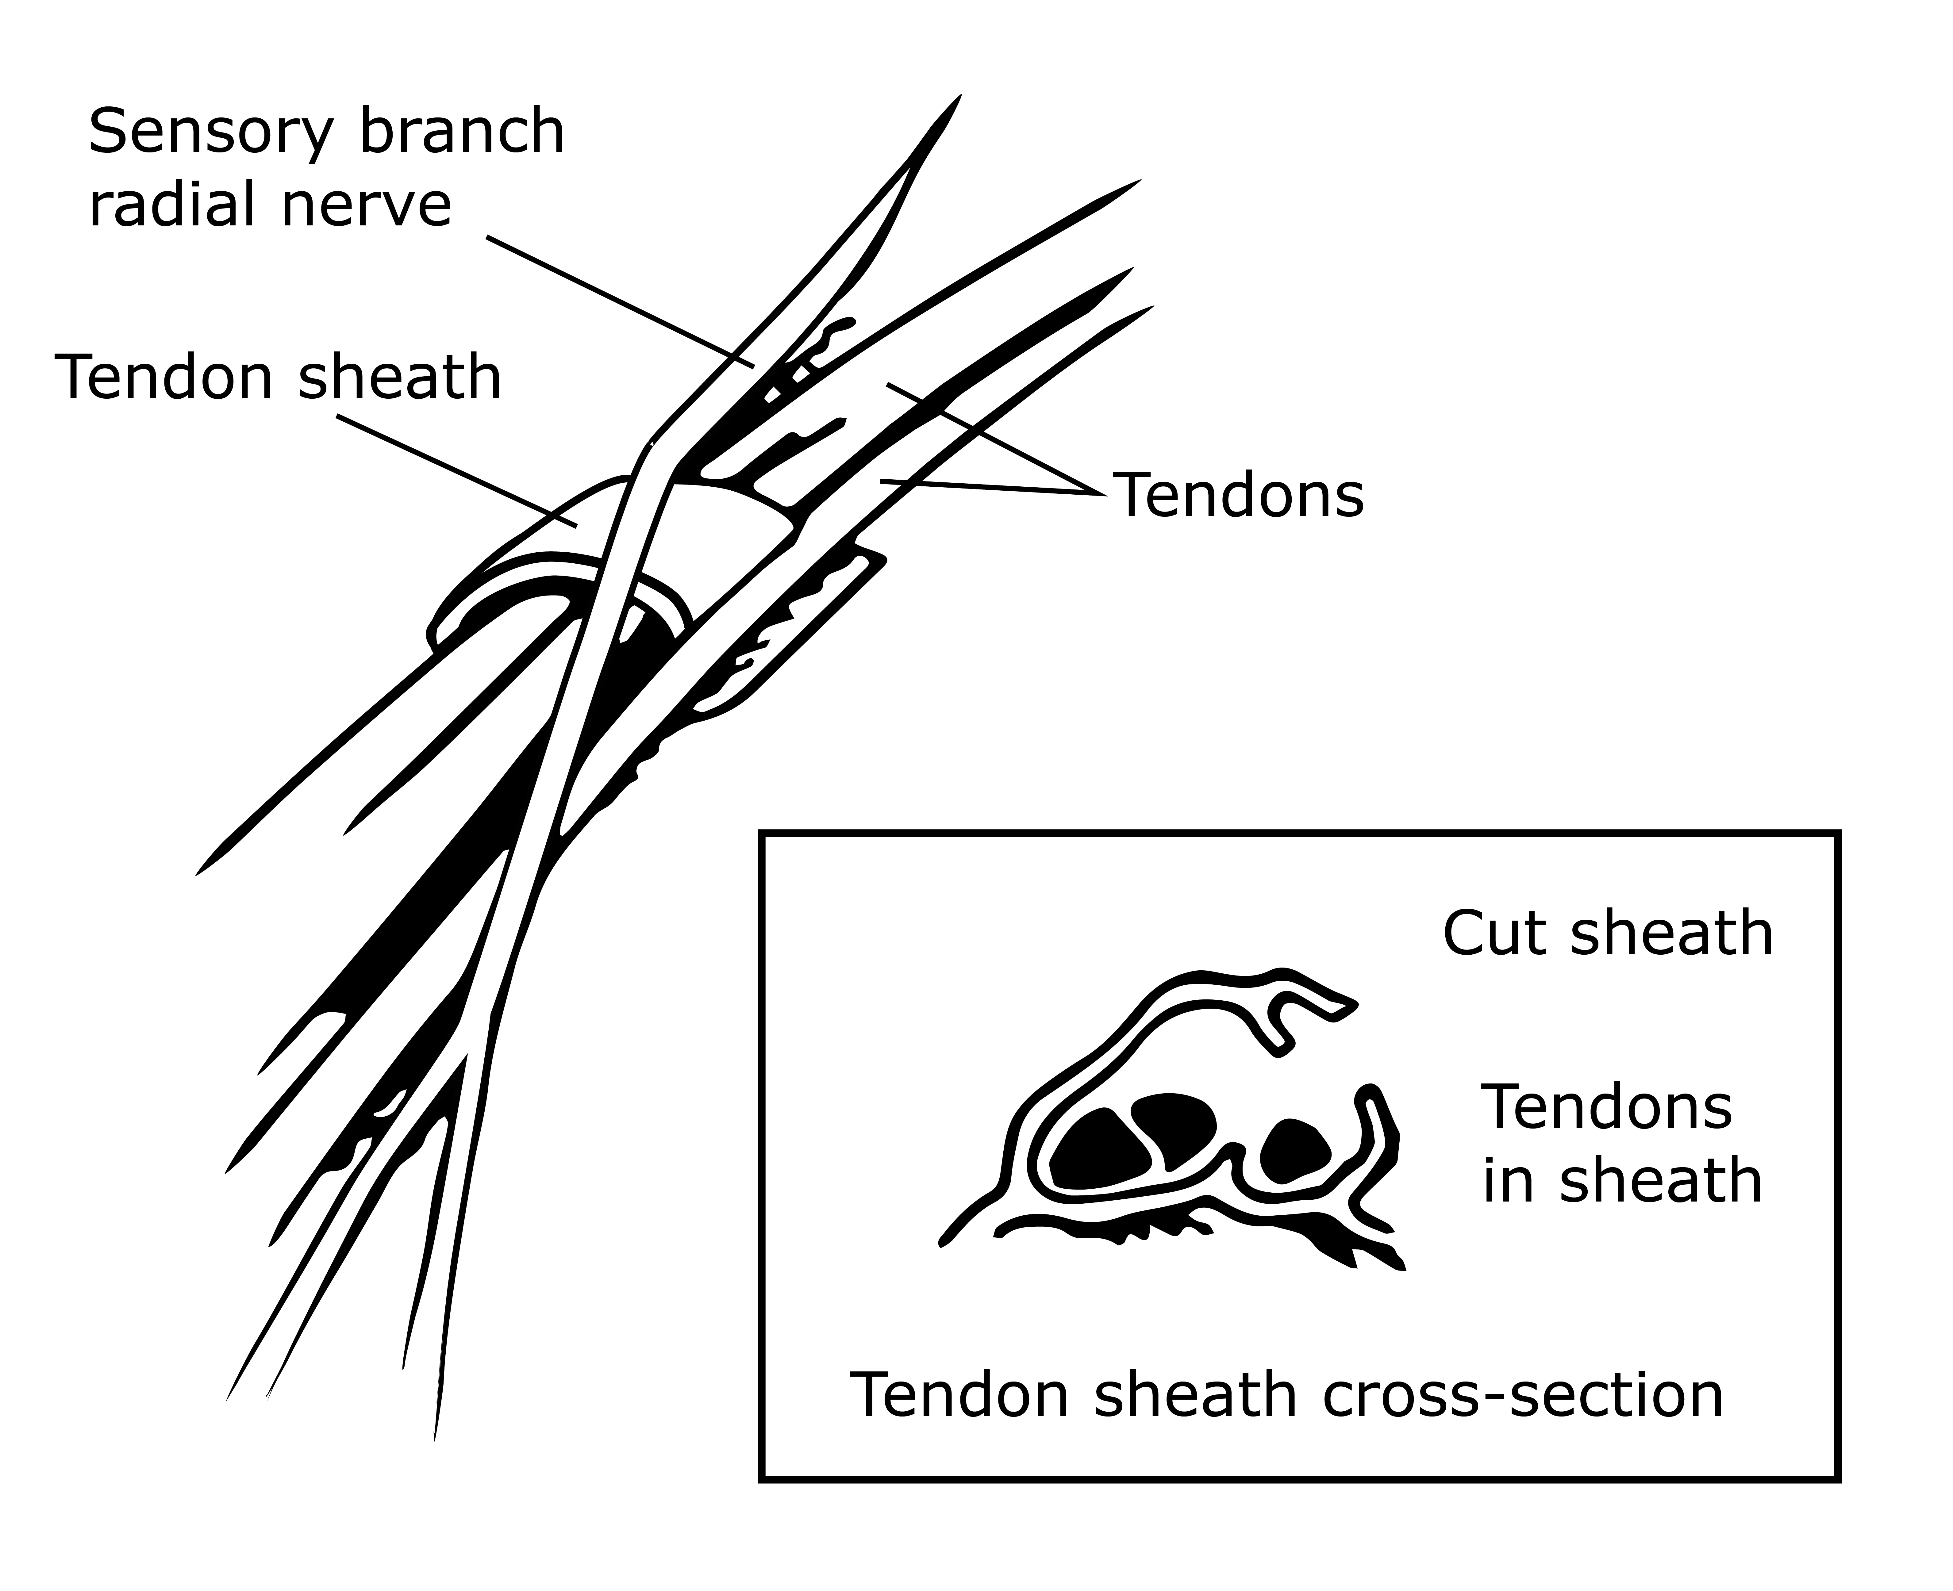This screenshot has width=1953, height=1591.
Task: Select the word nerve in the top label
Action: (367, 205)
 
